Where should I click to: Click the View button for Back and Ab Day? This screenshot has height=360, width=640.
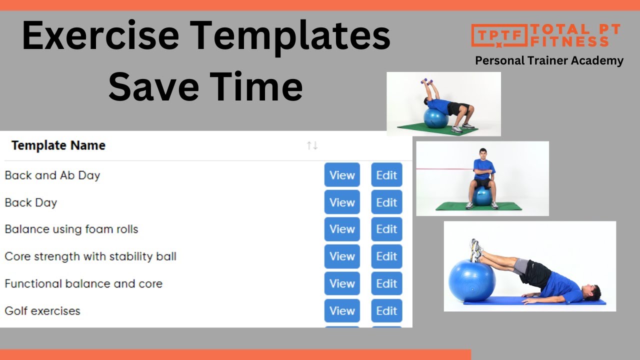coord(342,175)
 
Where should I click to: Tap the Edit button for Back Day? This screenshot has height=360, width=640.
coord(386,202)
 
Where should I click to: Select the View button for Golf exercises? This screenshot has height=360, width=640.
coord(342,310)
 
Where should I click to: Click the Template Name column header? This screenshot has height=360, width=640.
coord(58,145)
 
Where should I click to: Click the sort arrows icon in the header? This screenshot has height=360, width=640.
coord(312,145)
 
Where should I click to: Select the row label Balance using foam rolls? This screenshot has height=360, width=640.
coord(71,229)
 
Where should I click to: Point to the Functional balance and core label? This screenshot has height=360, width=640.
coord(83,283)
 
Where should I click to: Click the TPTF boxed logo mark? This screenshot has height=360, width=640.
coord(499,35)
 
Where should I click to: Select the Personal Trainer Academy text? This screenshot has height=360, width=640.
coord(549,60)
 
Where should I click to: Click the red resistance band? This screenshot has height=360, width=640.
coord(445,169)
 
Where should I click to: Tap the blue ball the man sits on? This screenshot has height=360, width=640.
coord(482,196)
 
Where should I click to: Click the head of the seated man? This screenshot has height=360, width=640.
coord(482,154)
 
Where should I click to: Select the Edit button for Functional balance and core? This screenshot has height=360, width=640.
coord(386,283)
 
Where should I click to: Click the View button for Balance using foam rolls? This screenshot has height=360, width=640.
coord(342,229)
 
